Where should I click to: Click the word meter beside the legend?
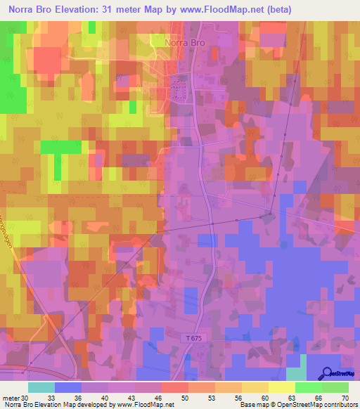click(10, 397)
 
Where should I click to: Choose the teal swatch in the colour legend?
click(41, 387)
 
